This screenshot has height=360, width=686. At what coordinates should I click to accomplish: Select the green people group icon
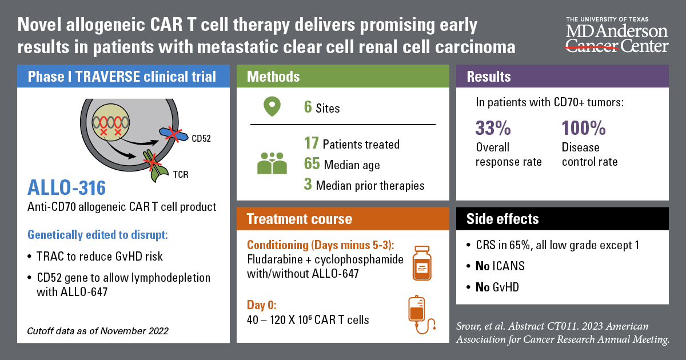point(272,163)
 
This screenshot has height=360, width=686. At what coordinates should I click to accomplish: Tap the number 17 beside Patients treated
point(311,144)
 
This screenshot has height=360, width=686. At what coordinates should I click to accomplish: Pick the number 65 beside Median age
point(312,165)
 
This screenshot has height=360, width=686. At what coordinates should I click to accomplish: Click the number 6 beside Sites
point(308,107)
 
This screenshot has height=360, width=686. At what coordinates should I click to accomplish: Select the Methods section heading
point(273,77)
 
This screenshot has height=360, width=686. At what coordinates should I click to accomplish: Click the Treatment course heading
point(299,219)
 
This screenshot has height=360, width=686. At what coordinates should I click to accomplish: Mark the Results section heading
point(489,77)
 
